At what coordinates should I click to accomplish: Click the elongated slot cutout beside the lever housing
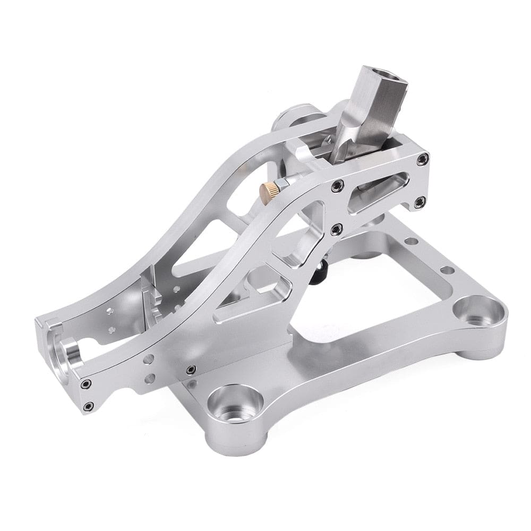tap(378, 191)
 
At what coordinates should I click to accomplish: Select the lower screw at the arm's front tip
tap(88, 407)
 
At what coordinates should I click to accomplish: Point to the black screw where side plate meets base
tap(191, 370)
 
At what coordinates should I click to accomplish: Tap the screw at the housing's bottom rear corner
tap(419, 201)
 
